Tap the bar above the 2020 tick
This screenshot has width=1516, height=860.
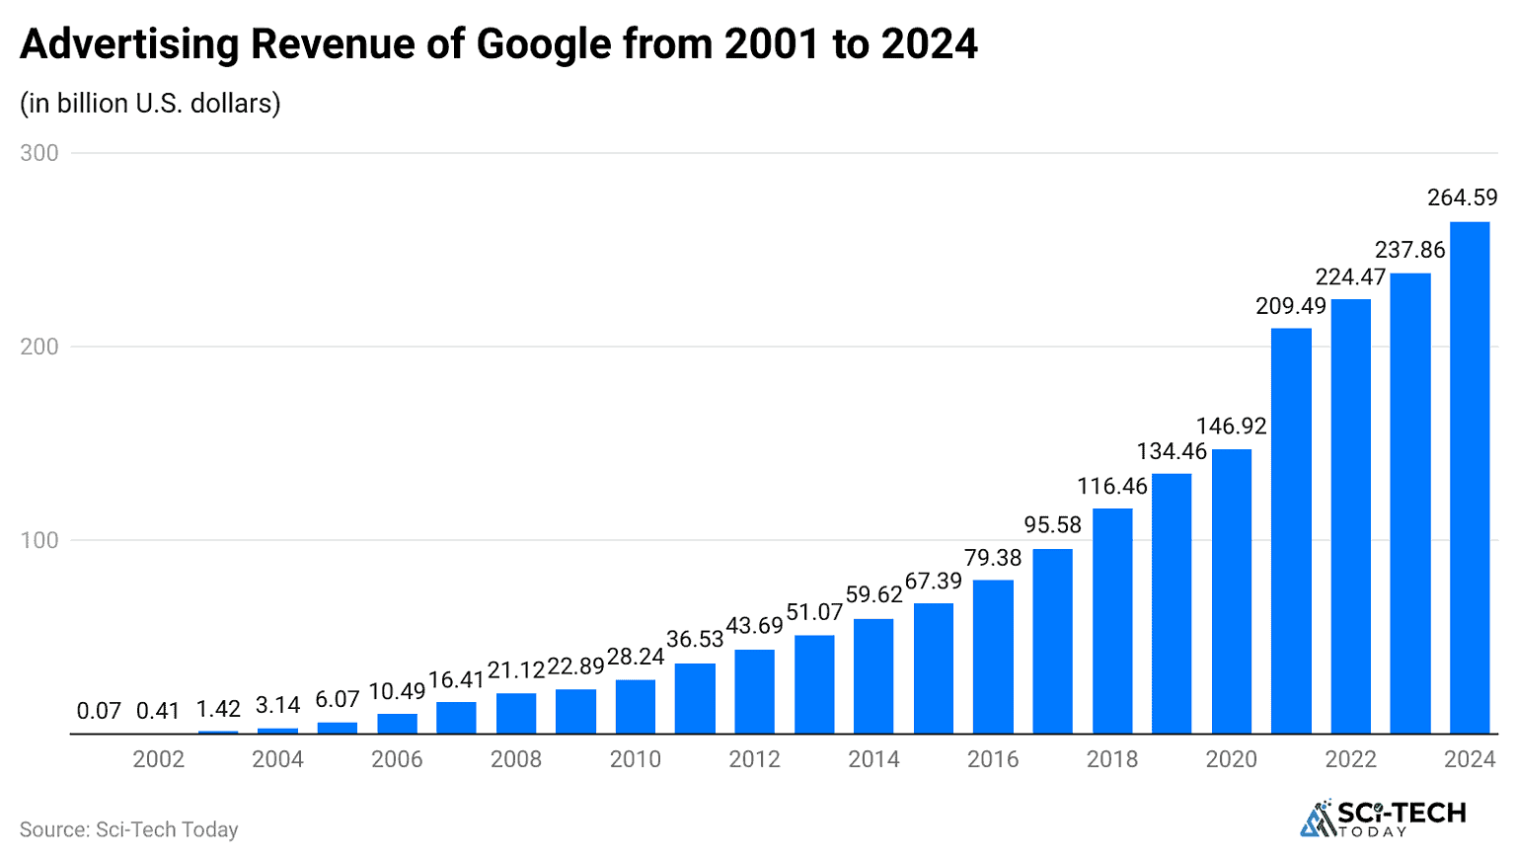[x=1231, y=591]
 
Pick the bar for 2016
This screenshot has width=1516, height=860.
[x=993, y=657]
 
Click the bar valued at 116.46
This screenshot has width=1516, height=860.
[x=1112, y=621]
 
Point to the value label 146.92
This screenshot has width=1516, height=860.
[x=1231, y=427]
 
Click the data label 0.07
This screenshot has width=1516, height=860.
[x=99, y=711]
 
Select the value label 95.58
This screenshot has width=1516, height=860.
[x=1052, y=525]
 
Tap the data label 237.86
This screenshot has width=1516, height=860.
[x=1409, y=250]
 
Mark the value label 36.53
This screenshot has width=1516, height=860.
[x=695, y=640]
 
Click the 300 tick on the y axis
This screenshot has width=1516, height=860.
[x=39, y=153]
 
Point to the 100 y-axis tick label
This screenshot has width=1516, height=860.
[x=39, y=540]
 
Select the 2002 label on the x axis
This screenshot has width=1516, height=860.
[x=159, y=759]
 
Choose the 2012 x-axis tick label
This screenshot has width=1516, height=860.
[x=754, y=759]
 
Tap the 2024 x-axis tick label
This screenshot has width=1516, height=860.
[x=1470, y=759]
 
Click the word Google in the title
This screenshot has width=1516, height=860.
[x=543, y=44]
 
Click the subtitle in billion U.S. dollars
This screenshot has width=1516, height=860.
[x=150, y=103]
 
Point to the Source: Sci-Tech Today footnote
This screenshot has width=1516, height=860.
[x=129, y=829]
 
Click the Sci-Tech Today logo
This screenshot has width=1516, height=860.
[x=1383, y=818]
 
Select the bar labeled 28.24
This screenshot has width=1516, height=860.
[x=636, y=707]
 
